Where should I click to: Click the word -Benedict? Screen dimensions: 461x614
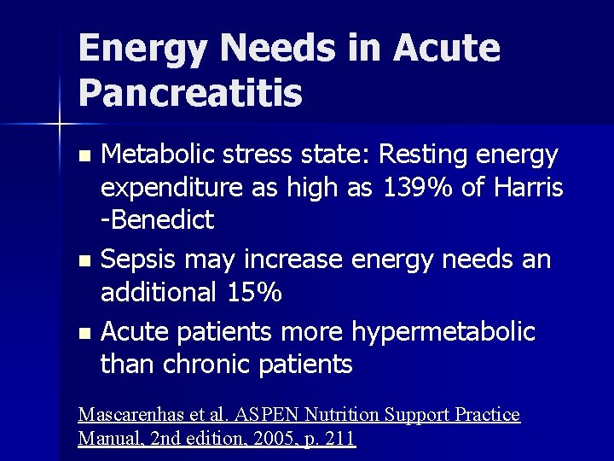click(x=158, y=219)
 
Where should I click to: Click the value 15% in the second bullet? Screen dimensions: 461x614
click(x=256, y=292)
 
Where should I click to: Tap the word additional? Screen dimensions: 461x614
click(x=159, y=292)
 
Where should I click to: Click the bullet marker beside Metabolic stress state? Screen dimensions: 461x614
click(x=83, y=156)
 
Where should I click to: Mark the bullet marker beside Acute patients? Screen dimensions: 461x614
click(x=83, y=332)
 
